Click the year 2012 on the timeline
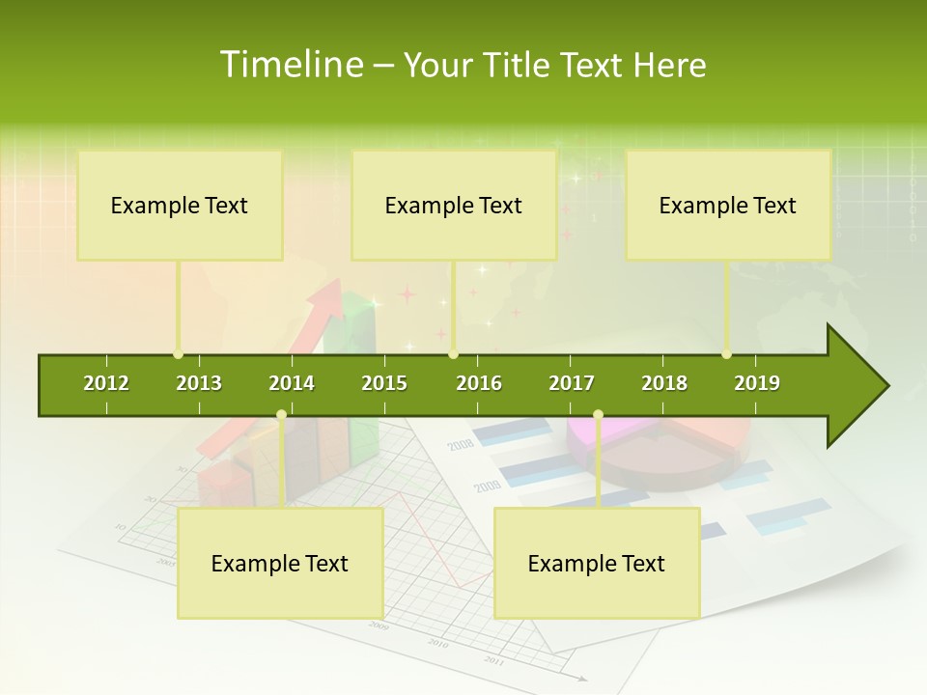(x=106, y=383)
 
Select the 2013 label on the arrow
(x=199, y=383)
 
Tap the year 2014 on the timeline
(x=292, y=383)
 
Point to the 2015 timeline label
(x=384, y=383)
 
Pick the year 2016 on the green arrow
(x=479, y=383)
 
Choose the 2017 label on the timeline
(x=572, y=383)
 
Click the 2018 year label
(x=664, y=383)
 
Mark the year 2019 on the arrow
(x=757, y=383)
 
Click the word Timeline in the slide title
(x=290, y=65)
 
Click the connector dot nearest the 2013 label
(x=178, y=354)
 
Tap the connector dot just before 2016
(x=453, y=354)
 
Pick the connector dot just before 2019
(x=726, y=354)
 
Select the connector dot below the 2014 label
(x=281, y=415)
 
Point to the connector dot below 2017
(x=598, y=415)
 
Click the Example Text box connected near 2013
(x=180, y=206)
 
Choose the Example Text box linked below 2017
(x=597, y=564)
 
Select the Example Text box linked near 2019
(x=728, y=206)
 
